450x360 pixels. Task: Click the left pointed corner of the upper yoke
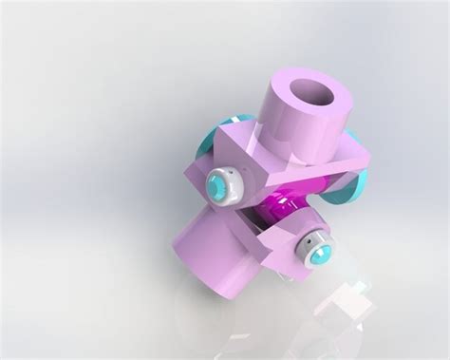click(221, 133)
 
